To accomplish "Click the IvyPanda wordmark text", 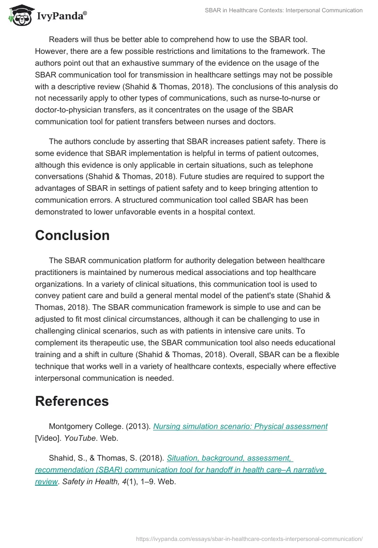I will click(61, 16).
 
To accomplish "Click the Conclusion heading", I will click(72, 235).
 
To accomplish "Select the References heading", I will click(72, 401).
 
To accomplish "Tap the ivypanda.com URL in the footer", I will click(249, 538).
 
